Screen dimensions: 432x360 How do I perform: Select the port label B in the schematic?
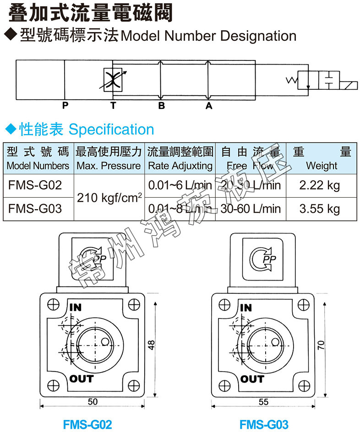point(161,106)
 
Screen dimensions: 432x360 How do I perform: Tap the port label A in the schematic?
point(209,106)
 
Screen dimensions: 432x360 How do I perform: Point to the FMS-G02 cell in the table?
point(35,185)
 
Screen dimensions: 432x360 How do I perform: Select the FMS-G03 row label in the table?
point(35,209)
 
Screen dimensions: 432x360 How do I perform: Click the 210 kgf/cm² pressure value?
point(109,198)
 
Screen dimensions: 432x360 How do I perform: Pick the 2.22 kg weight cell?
point(319,185)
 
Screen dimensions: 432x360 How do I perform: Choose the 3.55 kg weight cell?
point(319,209)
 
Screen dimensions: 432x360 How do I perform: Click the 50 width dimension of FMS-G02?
point(93,402)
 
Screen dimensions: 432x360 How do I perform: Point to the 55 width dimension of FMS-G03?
point(263,402)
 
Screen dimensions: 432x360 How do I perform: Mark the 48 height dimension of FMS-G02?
point(152,345)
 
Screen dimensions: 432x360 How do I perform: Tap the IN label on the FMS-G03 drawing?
point(246,308)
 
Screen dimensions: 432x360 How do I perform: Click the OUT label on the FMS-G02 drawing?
point(82,378)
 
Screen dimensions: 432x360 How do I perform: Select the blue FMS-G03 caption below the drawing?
point(264,424)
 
